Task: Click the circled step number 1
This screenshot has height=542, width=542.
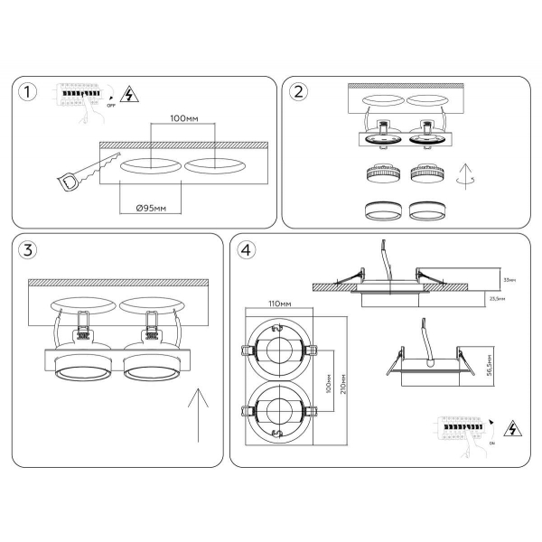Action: (x=32, y=93)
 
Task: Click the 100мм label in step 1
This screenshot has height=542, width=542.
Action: (x=183, y=119)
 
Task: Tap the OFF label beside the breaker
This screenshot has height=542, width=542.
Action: (x=111, y=105)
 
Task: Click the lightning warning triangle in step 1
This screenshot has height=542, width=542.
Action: (x=128, y=93)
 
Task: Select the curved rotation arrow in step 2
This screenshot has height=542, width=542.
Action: (x=465, y=175)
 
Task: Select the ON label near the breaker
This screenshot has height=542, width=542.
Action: (x=491, y=443)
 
